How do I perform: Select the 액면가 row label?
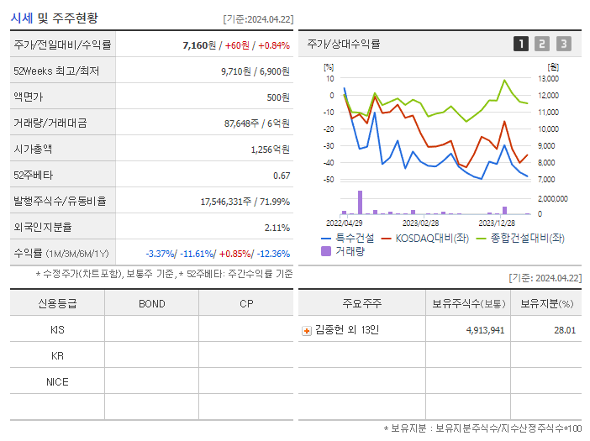tap(29, 97)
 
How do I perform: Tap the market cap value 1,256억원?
tap(270, 150)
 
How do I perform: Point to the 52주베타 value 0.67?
tap(282, 176)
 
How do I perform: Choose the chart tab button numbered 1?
tap(521, 44)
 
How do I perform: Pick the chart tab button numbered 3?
tap(563, 44)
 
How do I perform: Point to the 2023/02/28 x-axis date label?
tap(420, 223)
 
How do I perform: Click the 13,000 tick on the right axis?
tap(547, 79)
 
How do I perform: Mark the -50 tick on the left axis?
tap(328, 180)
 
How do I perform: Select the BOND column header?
tap(151, 304)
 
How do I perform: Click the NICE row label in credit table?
tap(57, 382)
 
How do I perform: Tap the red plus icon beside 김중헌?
tap(307, 330)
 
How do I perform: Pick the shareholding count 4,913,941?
tap(485, 330)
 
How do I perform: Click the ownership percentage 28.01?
tap(565, 330)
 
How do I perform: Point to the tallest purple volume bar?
tap(360, 202)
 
